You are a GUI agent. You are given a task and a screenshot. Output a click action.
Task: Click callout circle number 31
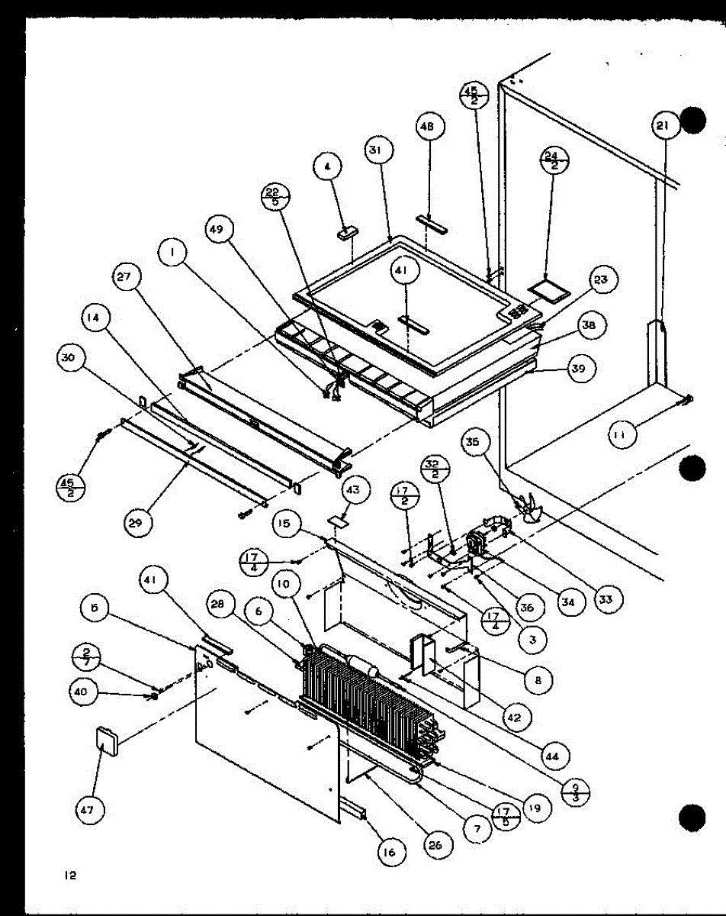pos(374,151)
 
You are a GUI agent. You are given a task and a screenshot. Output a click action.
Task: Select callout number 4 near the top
pos(328,166)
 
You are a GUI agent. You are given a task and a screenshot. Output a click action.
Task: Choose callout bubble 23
pos(602,280)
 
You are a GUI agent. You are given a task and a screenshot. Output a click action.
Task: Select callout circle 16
pos(390,853)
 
